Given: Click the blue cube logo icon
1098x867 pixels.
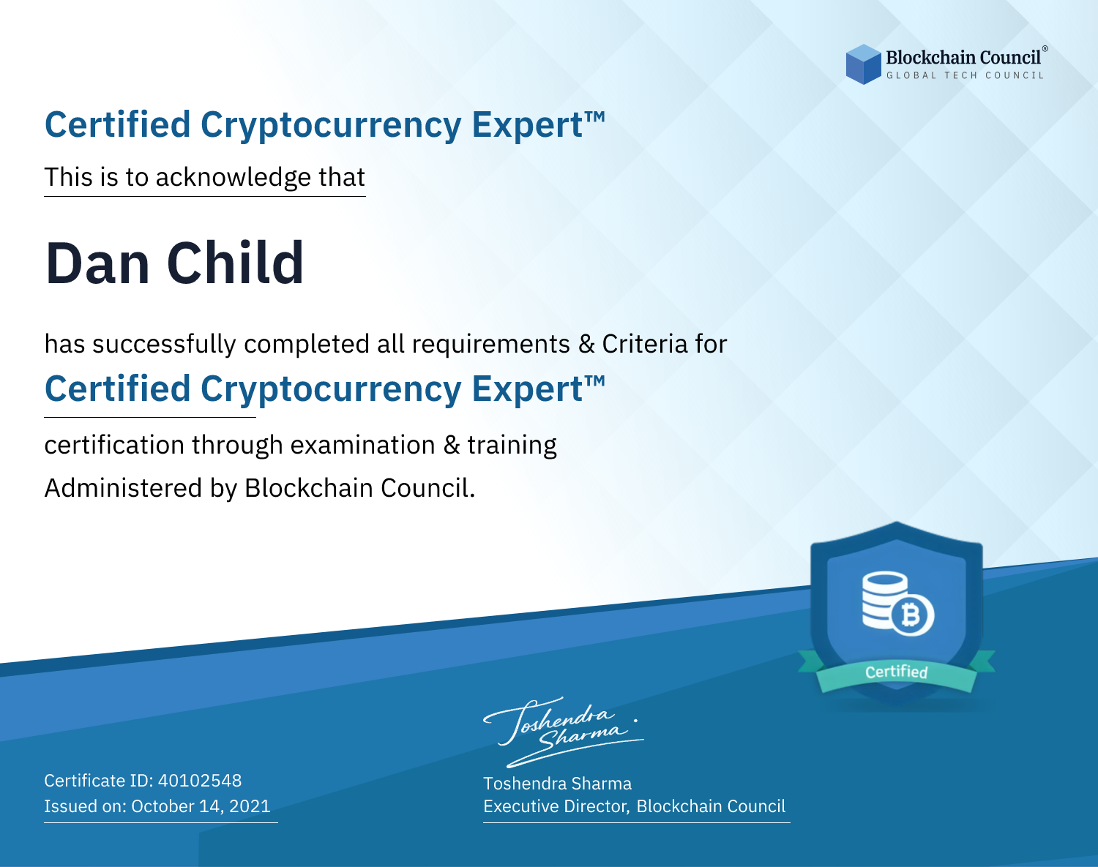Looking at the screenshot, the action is click(x=863, y=64).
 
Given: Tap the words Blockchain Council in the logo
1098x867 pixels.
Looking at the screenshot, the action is click(x=963, y=58).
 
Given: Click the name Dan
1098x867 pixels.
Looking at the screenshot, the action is click(x=97, y=263).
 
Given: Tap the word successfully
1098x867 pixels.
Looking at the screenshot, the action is click(x=164, y=345).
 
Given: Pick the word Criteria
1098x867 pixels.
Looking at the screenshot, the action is click(x=644, y=344).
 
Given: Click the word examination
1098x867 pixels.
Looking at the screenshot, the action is click(x=363, y=445).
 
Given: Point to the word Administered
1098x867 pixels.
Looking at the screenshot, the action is click(x=124, y=487).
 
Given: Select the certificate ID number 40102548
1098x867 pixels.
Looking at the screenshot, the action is click(x=200, y=780).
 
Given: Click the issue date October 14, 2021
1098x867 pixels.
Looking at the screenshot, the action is click(x=201, y=806).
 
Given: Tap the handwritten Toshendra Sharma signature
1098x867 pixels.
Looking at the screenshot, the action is click(x=563, y=732).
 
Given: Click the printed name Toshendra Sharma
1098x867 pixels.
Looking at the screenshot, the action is click(x=557, y=784).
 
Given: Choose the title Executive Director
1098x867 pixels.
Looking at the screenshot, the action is click(x=556, y=806).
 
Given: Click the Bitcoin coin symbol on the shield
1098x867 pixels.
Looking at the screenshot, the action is click(x=911, y=615).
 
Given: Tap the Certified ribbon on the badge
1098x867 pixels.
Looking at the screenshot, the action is click(x=897, y=672).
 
